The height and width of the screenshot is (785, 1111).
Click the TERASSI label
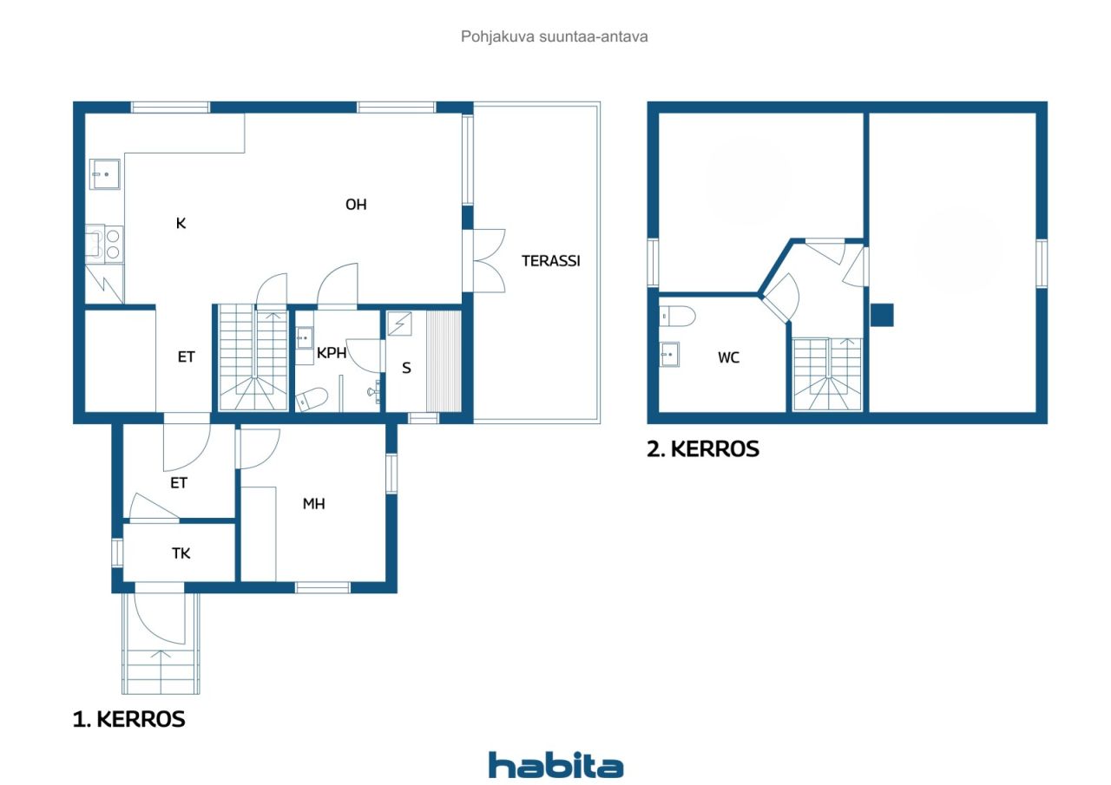coord(550,261)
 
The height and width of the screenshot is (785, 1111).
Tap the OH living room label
coord(356,204)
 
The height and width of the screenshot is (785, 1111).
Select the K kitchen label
coord(181,224)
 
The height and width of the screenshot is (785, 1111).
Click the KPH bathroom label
coord(332,353)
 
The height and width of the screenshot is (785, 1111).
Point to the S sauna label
coord(406,368)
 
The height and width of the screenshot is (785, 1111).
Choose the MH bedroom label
coord(313,504)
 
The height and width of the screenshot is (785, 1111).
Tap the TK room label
coord(181,553)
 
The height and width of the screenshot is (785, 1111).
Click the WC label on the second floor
coord(728,357)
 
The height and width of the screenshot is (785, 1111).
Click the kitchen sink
coord(105,174)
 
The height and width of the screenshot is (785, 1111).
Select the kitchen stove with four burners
coord(105,245)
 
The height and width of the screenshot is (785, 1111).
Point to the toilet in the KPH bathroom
coord(312,398)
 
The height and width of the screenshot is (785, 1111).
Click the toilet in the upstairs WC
coord(677,317)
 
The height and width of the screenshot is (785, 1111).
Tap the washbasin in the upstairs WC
coord(669,355)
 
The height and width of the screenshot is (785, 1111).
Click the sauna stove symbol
coord(399,324)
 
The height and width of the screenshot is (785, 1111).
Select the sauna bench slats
coord(444,361)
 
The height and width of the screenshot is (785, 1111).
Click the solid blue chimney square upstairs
coord(883,315)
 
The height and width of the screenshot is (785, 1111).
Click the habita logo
coord(555,766)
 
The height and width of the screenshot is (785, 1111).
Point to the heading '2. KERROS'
coord(703,449)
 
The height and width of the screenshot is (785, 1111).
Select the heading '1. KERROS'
coord(129,719)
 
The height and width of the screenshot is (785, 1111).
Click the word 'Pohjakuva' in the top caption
coord(497,36)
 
